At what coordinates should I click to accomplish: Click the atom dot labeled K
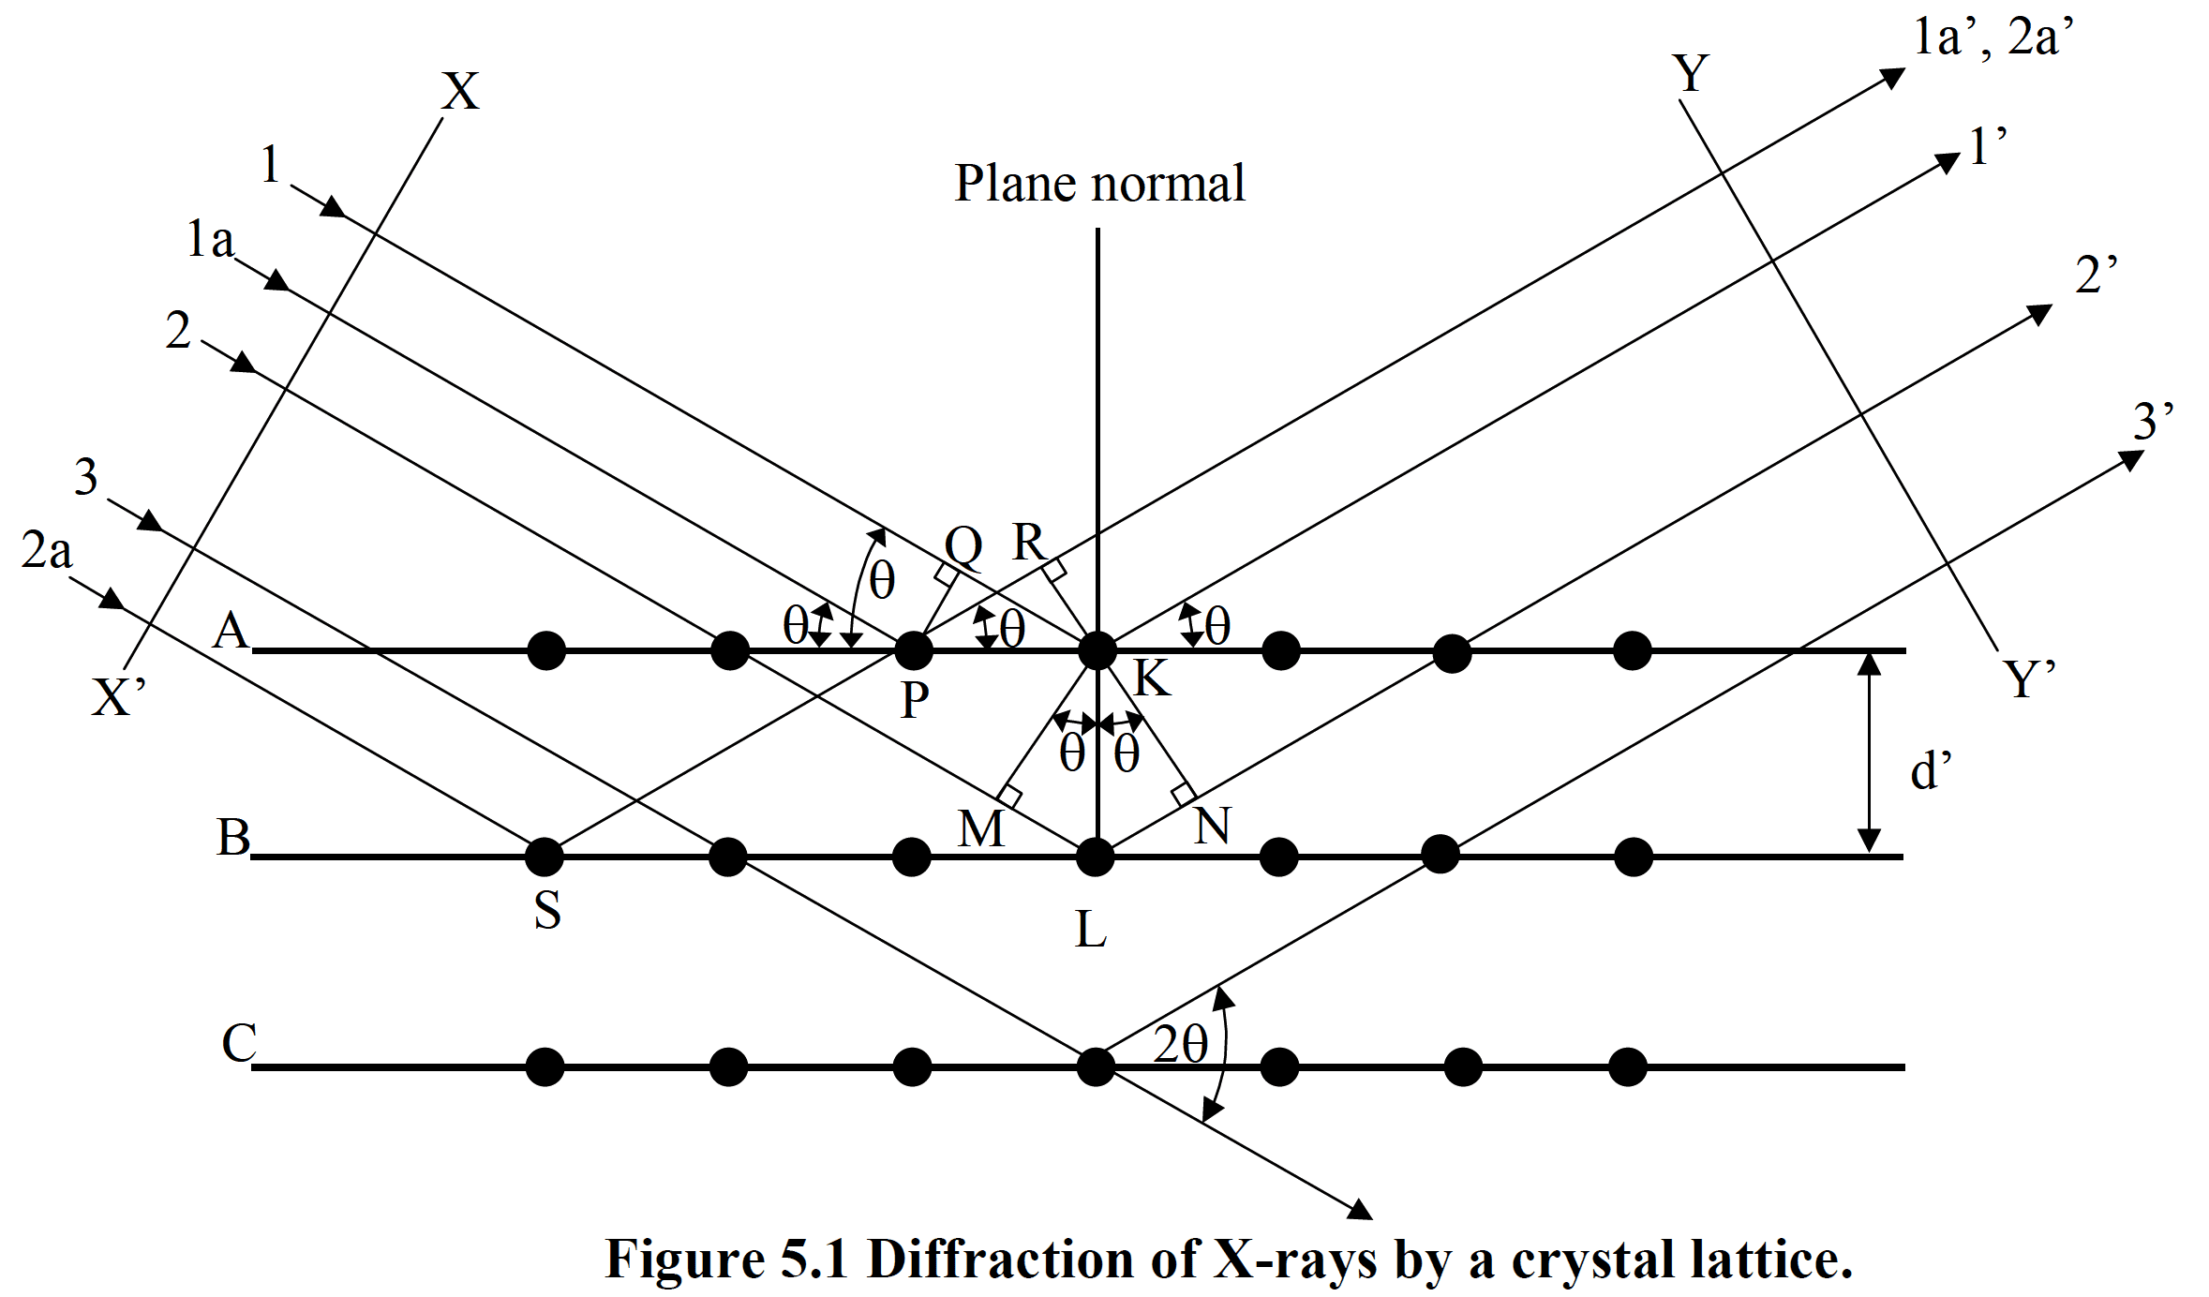point(1097,650)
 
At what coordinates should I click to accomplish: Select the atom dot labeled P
point(914,649)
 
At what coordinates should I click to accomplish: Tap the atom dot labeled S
point(545,856)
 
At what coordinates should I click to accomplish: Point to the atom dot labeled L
point(1095,857)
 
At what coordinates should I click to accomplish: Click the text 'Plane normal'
point(1099,184)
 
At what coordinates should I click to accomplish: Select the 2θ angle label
point(1180,1044)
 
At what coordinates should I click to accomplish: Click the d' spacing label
point(1931,772)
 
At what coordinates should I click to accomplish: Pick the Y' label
point(2029,679)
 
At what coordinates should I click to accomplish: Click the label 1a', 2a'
point(1993,38)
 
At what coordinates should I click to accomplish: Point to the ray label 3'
point(2153,422)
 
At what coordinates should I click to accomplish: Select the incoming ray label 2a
point(47,551)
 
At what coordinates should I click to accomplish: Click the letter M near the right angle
point(981,828)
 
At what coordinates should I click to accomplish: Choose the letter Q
point(963,545)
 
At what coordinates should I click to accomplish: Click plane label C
point(239,1043)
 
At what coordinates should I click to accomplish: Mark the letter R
point(1029,543)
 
